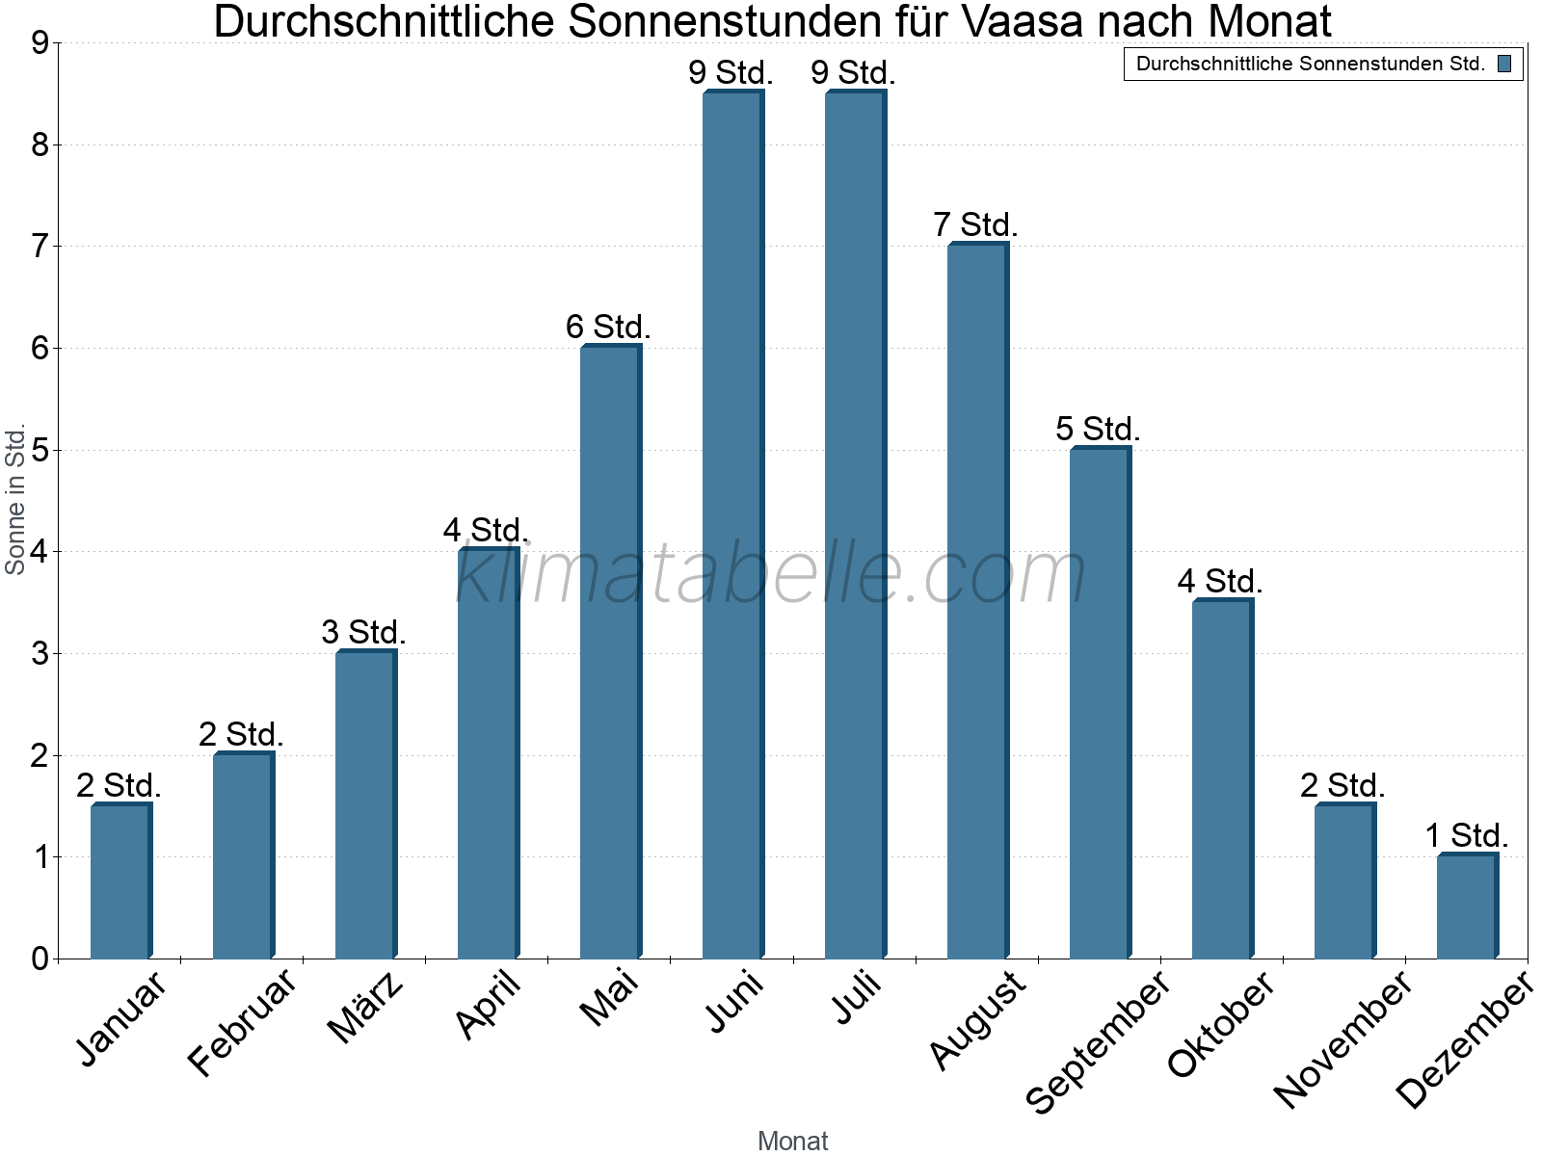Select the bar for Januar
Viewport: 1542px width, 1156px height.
[120, 881]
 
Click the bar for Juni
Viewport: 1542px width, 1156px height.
[732, 525]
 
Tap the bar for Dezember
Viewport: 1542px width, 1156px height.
[1467, 906]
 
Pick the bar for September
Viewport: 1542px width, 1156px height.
[1100, 703]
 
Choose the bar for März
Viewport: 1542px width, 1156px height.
[365, 805]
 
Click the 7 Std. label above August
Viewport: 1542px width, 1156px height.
[975, 225]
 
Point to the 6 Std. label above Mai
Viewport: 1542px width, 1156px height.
[608, 328]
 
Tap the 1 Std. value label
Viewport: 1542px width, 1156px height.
[1466, 835]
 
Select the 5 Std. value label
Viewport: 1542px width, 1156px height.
[1098, 429]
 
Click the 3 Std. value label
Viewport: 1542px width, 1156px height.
[363, 633]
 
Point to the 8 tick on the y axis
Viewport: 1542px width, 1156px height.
[40, 145]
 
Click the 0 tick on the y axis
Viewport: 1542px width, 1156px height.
[40, 959]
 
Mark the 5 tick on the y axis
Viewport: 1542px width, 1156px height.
[40, 451]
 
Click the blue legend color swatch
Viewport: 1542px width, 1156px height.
[1504, 65]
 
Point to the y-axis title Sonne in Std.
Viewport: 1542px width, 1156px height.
[15, 500]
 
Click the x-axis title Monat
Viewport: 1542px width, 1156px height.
[792, 1141]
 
